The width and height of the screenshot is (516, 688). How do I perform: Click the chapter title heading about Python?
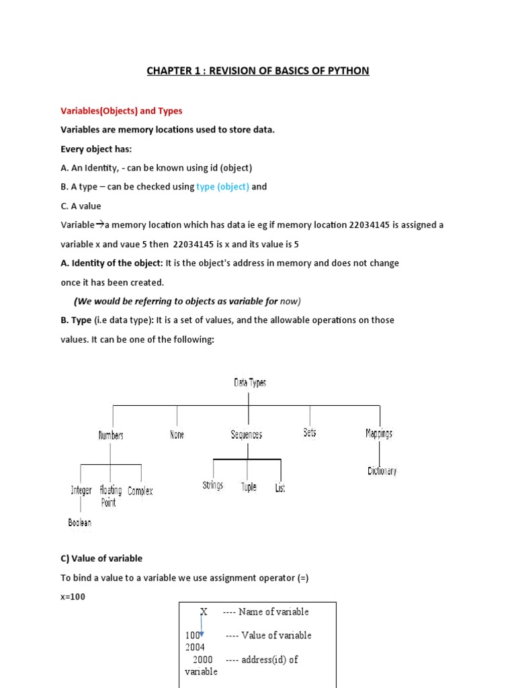click(x=258, y=71)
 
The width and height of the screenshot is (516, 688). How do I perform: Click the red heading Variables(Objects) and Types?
click(x=121, y=110)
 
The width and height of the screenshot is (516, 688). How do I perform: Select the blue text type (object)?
click(x=222, y=187)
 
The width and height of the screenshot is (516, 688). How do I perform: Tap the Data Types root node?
click(x=250, y=382)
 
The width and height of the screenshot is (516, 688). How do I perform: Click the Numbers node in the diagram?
click(x=111, y=435)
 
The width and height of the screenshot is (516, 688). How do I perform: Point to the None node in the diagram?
click(x=177, y=435)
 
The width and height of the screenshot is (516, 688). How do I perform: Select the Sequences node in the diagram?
click(x=247, y=435)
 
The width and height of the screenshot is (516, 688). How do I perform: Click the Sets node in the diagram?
click(x=310, y=433)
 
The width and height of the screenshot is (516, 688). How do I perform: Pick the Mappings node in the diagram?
click(x=379, y=433)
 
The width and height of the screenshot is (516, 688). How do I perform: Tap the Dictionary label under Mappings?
click(x=382, y=471)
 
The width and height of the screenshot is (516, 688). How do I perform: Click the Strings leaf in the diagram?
click(x=212, y=485)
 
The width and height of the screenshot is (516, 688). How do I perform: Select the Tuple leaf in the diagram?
click(x=249, y=486)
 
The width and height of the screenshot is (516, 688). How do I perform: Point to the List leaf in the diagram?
click(x=280, y=488)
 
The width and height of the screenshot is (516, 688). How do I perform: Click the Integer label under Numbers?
click(x=81, y=490)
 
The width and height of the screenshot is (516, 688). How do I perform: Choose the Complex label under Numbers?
click(x=140, y=491)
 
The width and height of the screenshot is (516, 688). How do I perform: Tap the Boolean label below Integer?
click(x=79, y=522)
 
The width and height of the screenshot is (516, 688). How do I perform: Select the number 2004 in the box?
click(x=195, y=647)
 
